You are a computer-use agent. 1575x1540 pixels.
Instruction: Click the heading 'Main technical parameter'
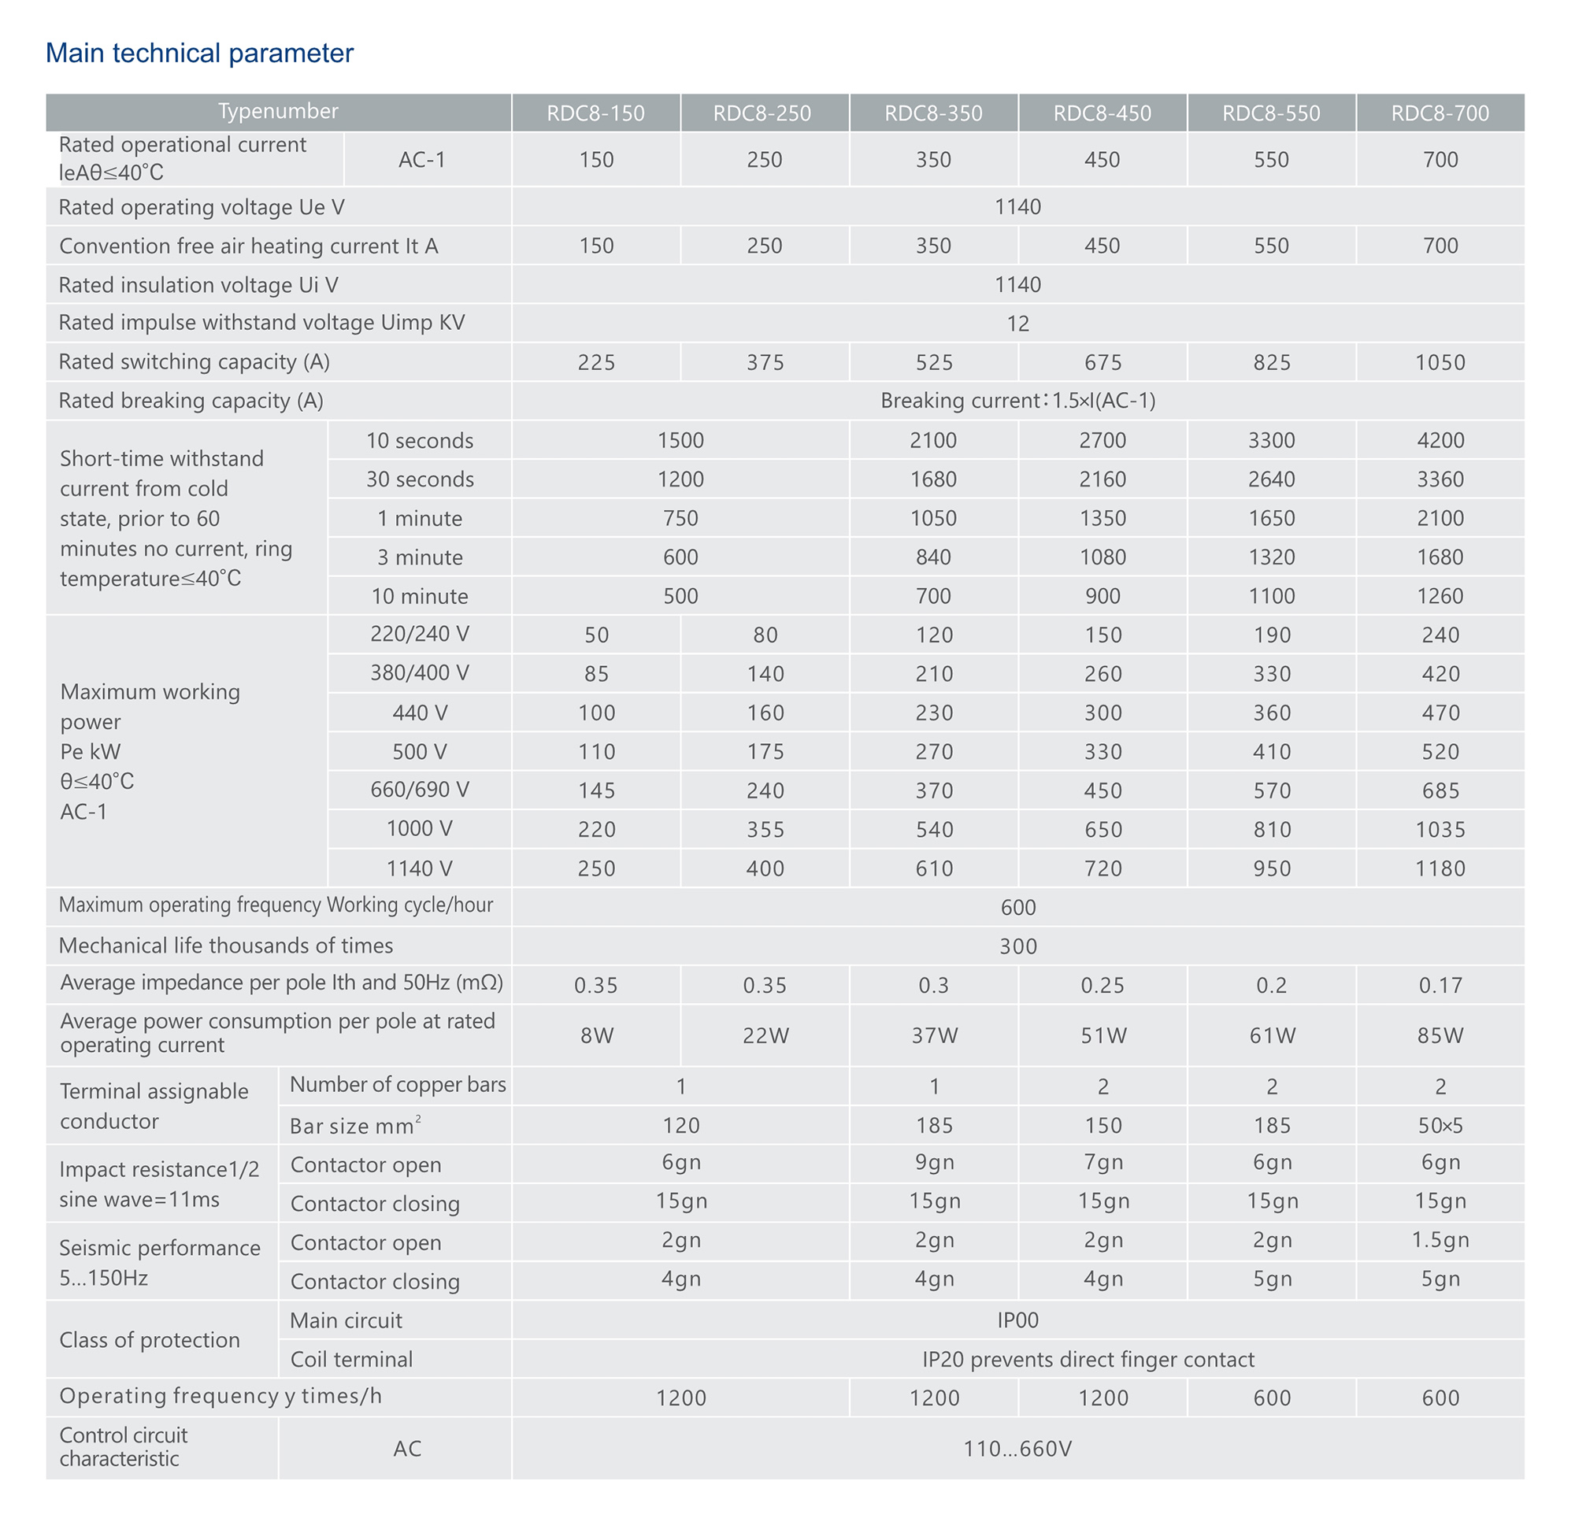click(199, 54)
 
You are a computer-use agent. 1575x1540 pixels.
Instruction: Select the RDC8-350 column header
click(932, 113)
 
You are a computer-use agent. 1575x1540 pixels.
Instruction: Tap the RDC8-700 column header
click(1439, 113)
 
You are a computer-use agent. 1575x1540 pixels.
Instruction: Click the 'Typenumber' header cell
click(277, 112)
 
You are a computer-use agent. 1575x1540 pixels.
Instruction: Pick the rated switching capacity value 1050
click(1439, 362)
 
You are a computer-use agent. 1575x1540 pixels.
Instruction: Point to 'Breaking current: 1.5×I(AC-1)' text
click(1017, 402)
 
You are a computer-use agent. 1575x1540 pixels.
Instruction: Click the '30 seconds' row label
click(419, 479)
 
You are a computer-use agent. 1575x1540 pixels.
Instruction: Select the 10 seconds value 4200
click(1440, 441)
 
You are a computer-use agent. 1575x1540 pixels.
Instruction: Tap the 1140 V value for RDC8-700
click(1440, 868)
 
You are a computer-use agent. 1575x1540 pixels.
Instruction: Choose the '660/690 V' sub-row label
click(419, 790)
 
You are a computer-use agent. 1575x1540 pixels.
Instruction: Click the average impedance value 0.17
click(1440, 985)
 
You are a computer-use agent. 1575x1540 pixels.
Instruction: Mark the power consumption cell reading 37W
click(933, 1035)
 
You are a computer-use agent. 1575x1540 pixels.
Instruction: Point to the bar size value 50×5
click(1440, 1126)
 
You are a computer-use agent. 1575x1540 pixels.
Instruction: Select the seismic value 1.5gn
click(1440, 1240)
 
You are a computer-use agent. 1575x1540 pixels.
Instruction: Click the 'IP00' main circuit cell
click(1017, 1321)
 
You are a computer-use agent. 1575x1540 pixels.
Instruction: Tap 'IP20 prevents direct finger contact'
click(1088, 1360)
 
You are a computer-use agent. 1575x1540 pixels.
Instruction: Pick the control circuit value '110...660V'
click(1017, 1449)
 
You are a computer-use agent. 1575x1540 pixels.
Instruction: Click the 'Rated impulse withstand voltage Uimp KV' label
click(261, 323)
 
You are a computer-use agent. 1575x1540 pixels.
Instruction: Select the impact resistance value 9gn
click(933, 1162)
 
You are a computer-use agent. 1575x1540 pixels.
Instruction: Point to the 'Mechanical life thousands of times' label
click(226, 946)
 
